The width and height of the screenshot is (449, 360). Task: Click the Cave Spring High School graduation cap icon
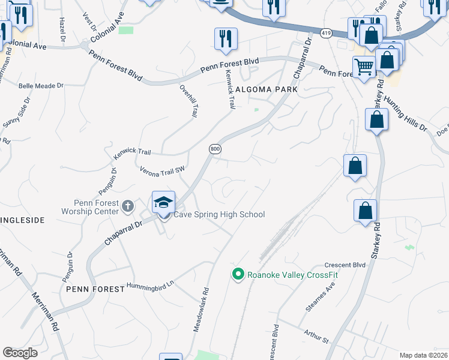pos(163,202)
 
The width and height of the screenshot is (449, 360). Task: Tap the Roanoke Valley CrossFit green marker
pos(238,275)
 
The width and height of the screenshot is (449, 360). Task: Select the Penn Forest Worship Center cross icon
pos(127,206)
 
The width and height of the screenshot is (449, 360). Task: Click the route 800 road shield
pos(215,148)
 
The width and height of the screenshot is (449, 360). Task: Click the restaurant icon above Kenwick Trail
pos(226,39)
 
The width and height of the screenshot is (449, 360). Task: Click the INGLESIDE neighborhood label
pos(22,220)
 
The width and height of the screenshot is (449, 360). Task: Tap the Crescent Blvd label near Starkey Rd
pos(345,265)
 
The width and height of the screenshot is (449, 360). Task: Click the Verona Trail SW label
pos(162,172)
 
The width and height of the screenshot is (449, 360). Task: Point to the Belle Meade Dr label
pos(41,86)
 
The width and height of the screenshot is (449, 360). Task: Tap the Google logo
pos(20,353)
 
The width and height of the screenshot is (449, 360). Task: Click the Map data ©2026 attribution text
pos(423,355)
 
